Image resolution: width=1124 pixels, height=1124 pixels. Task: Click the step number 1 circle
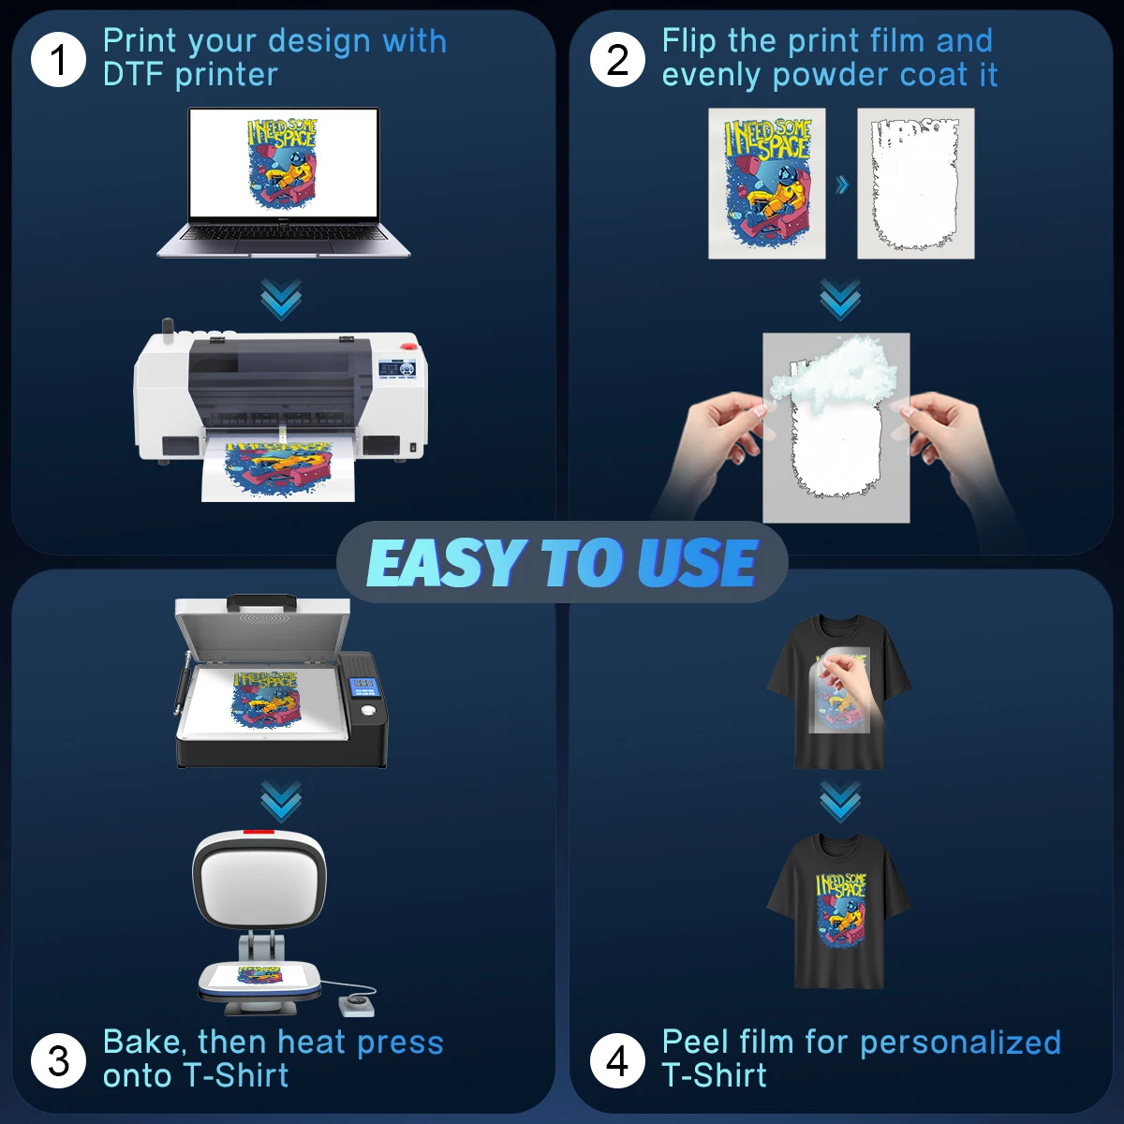pyautogui.click(x=58, y=59)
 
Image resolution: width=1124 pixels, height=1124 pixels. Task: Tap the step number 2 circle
pyautogui.click(x=617, y=59)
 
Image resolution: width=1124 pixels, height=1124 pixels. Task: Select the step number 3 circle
pyautogui.click(x=58, y=1060)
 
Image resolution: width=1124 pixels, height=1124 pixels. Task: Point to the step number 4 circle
pyautogui.click(x=617, y=1060)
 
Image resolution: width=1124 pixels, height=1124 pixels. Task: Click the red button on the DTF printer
pyautogui.click(x=397, y=362)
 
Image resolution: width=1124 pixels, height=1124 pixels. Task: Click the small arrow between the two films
pyautogui.click(x=842, y=185)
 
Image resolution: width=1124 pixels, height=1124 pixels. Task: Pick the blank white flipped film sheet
pyautogui.click(x=915, y=184)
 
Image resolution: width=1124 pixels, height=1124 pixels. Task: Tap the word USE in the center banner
pyautogui.click(x=698, y=563)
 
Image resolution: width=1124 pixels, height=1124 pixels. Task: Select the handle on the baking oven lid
pyautogui.click(x=261, y=599)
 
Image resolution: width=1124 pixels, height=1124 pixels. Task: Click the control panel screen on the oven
pyautogui.click(x=362, y=688)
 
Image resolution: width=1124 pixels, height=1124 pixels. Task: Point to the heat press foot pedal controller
pyautogui.click(x=357, y=1005)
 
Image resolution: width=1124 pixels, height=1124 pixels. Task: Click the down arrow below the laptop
pyautogui.click(x=281, y=299)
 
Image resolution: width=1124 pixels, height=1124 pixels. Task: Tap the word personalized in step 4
pyautogui.click(x=959, y=1043)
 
